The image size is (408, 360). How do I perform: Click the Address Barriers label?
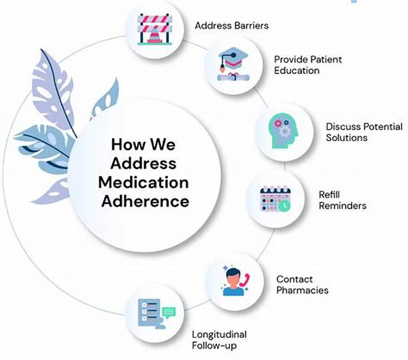click(231, 26)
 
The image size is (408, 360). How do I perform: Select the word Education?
click(296, 71)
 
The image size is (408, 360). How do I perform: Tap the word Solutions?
click(347, 138)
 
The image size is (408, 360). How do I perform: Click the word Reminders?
click(343, 205)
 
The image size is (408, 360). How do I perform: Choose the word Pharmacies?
click(302, 290)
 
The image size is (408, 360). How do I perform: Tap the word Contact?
click(293, 278)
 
